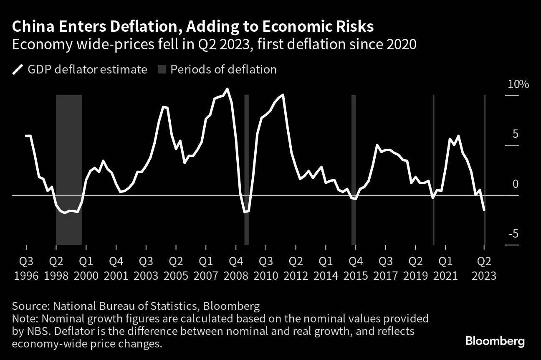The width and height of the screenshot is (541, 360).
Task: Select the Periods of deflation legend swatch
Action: click(x=162, y=69)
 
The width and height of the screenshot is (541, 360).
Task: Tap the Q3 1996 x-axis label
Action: click(x=26, y=268)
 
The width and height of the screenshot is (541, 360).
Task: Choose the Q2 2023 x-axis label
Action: click(x=484, y=268)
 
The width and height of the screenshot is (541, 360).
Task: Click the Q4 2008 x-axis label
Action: click(x=236, y=268)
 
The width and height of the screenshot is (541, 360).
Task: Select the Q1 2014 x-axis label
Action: click(x=326, y=268)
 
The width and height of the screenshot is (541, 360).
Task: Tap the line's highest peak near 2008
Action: click(x=227, y=89)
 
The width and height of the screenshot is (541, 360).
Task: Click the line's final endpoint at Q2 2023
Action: click(x=484, y=210)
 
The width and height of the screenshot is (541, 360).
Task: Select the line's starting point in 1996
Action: click(x=26, y=136)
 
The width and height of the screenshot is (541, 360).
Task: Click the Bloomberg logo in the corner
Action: click(x=495, y=341)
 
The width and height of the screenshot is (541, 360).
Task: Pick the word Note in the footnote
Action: click(x=23, y=319)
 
